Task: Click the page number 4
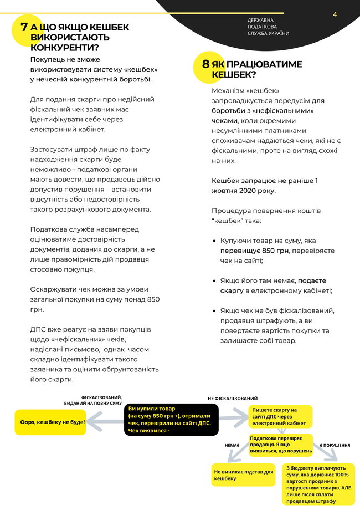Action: (335, 14)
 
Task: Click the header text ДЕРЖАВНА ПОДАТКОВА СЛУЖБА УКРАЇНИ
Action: (268, 27)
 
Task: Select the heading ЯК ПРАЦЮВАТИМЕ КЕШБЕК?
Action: (256, 69)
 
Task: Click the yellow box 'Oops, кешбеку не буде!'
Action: (49, 422)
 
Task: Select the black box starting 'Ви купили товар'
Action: (172, 419)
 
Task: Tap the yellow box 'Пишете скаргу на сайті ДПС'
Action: (280, 417)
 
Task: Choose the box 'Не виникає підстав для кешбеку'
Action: (243, 475)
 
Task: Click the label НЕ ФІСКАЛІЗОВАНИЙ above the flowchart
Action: (233, 399)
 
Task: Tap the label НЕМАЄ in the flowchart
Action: (232, 445)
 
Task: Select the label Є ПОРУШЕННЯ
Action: (335, 445)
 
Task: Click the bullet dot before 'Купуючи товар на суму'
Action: (215, 242)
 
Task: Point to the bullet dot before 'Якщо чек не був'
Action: (215, 310)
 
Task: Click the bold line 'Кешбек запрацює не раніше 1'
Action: (265, 181)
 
